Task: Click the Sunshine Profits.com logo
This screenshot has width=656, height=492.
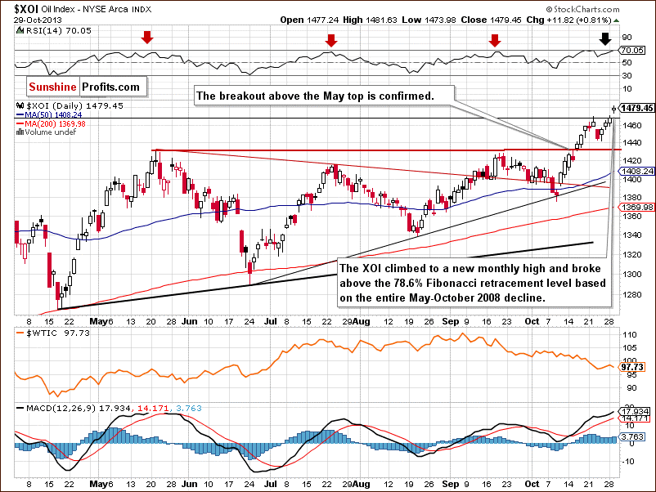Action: click(85, 86)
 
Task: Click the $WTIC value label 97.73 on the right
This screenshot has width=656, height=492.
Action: click(634, 368)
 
